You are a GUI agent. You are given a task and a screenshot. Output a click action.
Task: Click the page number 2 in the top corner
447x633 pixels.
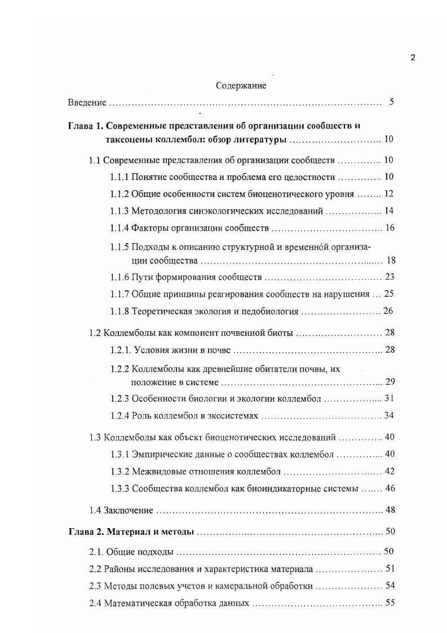(x=413, y=58)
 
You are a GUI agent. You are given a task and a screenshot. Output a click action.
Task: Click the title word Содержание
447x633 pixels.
(x=241, y=86)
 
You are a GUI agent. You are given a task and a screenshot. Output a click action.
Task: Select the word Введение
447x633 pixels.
(x=87, y=103)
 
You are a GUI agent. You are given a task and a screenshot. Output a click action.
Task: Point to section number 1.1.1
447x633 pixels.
(x=120, y=177)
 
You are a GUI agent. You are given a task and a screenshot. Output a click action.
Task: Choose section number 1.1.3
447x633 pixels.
(x=120, y=211)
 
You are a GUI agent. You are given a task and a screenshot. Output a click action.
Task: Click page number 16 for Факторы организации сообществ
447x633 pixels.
(x=388, y=228)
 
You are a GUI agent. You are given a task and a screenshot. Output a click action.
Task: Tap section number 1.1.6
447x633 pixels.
(x=120, y=277)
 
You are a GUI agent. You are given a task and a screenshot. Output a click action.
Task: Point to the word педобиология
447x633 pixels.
(x=272, y=311)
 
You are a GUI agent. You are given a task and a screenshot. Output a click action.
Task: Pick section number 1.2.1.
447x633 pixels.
(x=121, y=350)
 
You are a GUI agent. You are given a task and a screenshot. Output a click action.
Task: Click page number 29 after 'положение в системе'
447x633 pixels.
(x=389, y=382)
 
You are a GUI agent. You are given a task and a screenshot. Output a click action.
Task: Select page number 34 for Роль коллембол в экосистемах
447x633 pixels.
(x=388, y=415)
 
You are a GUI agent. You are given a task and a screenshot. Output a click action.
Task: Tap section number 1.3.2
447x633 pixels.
(x=120, y=471)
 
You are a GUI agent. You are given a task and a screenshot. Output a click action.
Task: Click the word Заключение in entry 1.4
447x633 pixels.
(x=129, y=510)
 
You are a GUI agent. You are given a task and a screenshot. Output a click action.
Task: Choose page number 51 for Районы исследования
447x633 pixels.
(x=389, y=569)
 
